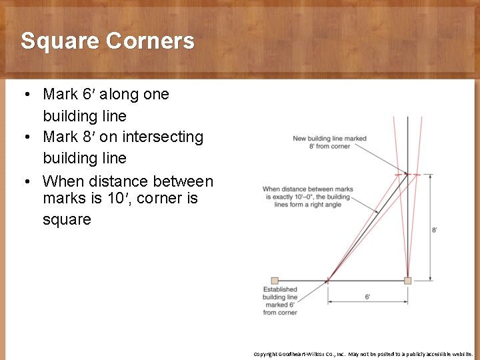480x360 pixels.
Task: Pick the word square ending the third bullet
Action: click(x=67, y=219)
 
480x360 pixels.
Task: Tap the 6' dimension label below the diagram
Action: click(x=367, y=297)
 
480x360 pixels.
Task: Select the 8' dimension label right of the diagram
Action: click(x=435, y=229)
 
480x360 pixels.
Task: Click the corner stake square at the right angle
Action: click(x=407, y=281)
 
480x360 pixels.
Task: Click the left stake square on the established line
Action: click(x=275, y=281)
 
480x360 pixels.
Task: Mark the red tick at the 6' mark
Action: click(x=328, y=281)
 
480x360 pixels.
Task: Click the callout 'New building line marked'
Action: click(x=329, y=139)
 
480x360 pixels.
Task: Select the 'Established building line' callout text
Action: click(x=280, y=293)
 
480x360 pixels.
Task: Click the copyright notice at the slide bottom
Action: click(x=363, y=354)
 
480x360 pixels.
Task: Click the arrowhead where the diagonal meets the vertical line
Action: click(x=405, y=171)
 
